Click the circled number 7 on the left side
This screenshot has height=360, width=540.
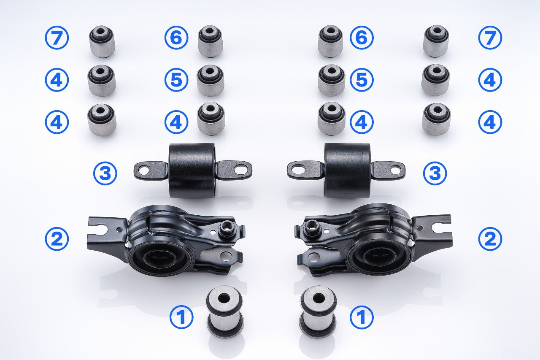coord(57,38)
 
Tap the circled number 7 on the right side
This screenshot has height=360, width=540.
coord(490,38)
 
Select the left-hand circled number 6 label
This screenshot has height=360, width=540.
coord(176,38)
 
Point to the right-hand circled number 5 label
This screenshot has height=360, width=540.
coord(362,80)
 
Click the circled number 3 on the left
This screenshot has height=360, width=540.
coord(105,173)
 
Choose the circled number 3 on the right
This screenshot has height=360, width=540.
coord(435,173)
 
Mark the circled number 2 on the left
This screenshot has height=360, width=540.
coord(57,239)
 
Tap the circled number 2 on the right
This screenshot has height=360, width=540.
coord(490,239)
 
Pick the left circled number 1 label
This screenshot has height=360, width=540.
coord(181,317)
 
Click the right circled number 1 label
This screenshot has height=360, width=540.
coord(362,317)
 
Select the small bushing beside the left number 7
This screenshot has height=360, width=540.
coord(102,41)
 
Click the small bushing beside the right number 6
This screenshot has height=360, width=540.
coord(330,41)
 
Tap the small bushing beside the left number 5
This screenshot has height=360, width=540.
coord(211,80)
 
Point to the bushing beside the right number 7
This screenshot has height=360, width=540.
coord(436,41)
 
